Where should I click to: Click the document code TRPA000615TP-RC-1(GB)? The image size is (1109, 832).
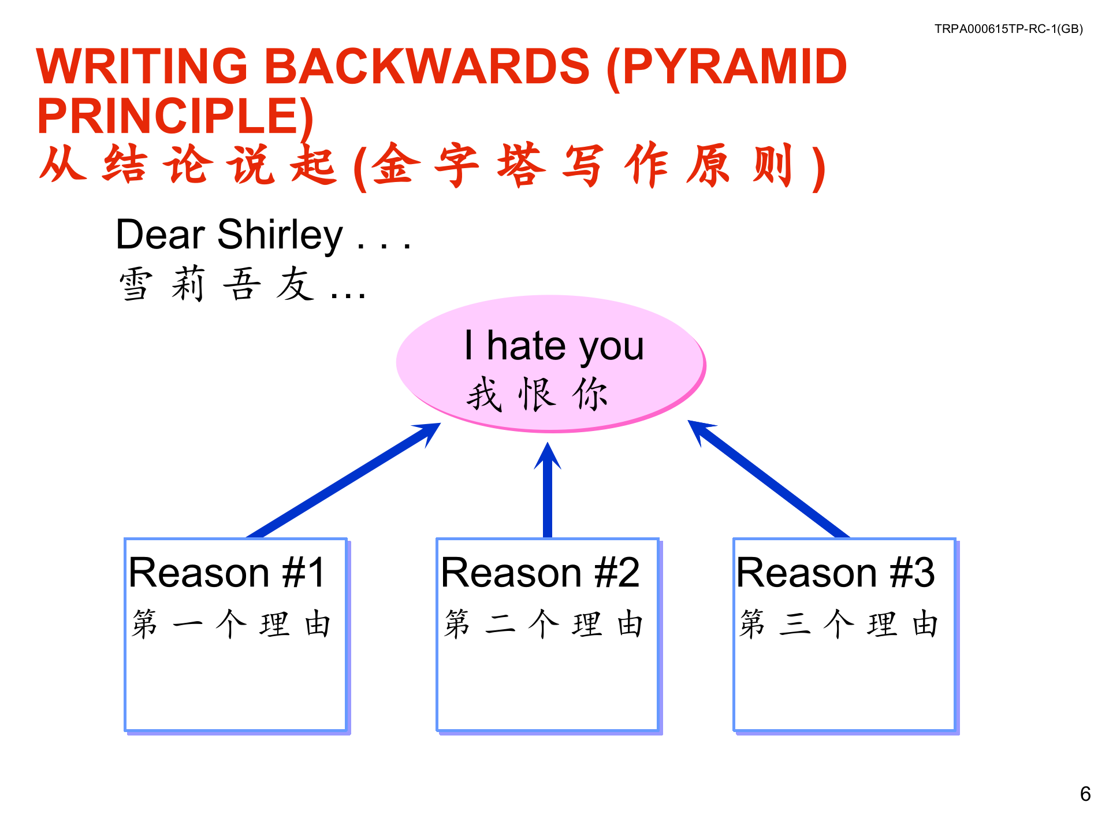point(1008,29)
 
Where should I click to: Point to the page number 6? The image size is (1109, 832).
point(1085,794)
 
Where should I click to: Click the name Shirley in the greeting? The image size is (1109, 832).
point(280,235)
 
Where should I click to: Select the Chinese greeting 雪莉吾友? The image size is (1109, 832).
point(217,284)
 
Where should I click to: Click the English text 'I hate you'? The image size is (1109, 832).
point(554,346)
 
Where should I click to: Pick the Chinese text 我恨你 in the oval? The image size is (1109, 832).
point(537,394)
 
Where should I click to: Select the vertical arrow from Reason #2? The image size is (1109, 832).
point(548,490)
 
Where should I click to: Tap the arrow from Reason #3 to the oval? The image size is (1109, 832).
point(768,479)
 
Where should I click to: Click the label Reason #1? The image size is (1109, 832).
point(227,573)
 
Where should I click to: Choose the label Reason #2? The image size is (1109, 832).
point(540,573)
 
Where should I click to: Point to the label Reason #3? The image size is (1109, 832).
point(835,573)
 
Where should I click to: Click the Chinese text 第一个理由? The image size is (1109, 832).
point(231,624)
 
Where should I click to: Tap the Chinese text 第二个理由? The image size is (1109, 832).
point(544,624)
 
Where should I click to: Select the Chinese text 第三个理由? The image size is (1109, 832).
point(839,624)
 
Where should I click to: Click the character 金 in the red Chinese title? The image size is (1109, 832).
point(396,165)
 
